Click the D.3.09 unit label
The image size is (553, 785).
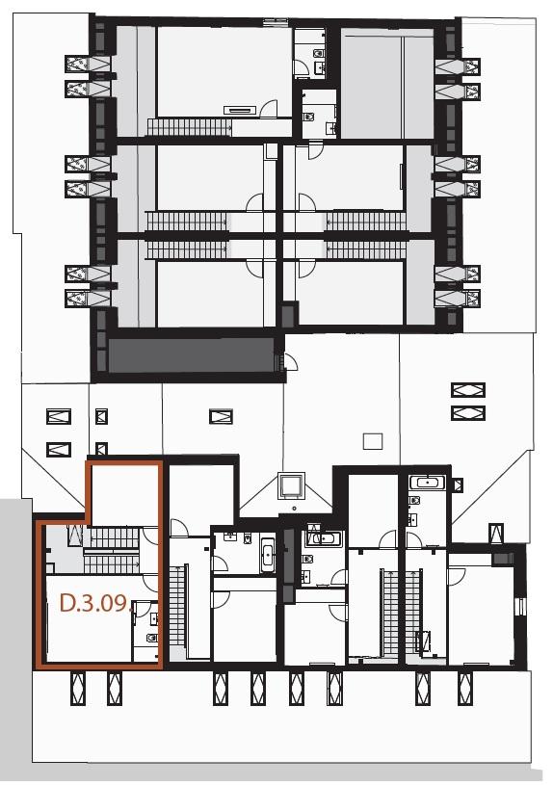(94, 603)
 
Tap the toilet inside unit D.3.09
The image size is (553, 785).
(151, 638)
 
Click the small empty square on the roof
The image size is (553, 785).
(372, 441)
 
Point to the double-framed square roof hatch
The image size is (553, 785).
(292, 485)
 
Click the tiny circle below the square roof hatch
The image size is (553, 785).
(295, 509)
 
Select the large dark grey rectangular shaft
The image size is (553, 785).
(191, 355)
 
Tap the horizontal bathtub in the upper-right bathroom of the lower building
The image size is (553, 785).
(427, 483)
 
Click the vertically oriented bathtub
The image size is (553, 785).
(267, 555)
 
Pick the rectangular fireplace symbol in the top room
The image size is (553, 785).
(240, 110)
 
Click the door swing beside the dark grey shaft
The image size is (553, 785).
(291, 361)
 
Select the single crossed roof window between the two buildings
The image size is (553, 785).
(221, 416)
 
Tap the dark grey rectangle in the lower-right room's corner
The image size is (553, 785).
(502, 559)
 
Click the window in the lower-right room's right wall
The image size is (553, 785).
(521, 606)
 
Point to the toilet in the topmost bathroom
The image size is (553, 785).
(318, 53)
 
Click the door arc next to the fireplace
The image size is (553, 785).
(269, 109)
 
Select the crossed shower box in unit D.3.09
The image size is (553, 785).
(75, 536)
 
